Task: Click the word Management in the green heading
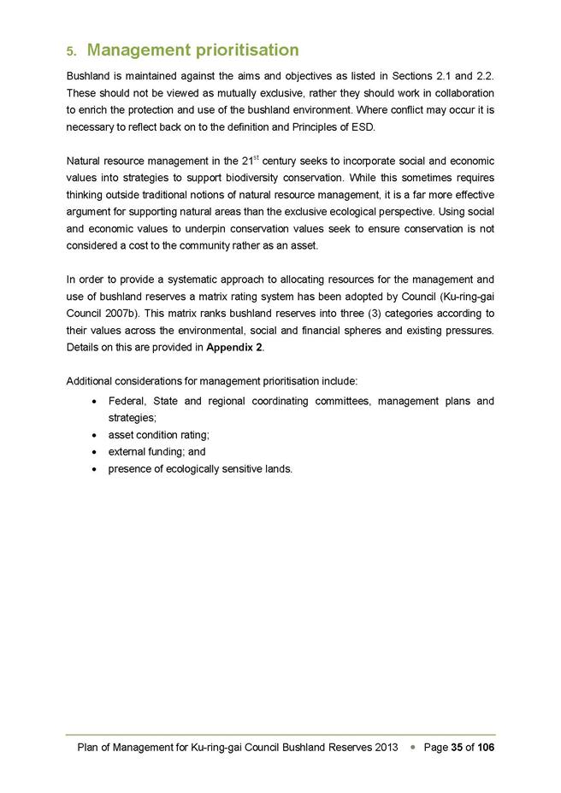[137, 50]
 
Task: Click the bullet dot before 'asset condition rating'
[92, 435]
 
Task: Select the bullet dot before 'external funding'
[92, 451]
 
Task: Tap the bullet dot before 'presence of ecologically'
[92, 468]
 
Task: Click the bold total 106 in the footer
[486, 747]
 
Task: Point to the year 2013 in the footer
[387, 747]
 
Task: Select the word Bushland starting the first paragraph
[89, 78]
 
